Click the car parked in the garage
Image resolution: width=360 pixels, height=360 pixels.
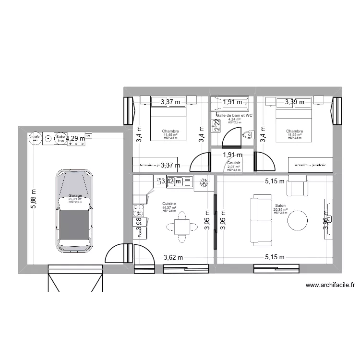tap(74, 211)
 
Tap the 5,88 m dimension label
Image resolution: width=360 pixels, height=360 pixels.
tap(33, 197)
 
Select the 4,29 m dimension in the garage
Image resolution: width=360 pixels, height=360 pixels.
tap(75, 139)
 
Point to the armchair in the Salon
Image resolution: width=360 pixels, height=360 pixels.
tap(297, 186)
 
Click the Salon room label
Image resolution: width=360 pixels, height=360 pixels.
tap(280, 205)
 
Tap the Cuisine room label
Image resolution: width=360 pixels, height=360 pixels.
tap(169, 204)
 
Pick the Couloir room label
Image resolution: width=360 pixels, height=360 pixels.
tap(234, 163)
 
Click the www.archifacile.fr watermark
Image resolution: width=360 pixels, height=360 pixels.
tap(330, 285)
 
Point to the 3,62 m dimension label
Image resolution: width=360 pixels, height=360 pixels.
tap(173, 257)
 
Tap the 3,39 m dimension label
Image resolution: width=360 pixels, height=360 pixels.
tap(294, 102)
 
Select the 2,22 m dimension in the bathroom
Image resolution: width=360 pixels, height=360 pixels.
tap(217, 125)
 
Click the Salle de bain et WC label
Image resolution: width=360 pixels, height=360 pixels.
tap(235, 116)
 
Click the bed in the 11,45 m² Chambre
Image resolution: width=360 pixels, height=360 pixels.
tap(168, 125)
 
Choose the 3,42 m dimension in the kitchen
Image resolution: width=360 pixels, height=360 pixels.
tap(171, 181)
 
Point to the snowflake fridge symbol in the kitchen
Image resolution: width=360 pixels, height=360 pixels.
tap(204, 181)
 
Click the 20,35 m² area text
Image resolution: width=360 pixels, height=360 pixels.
tap(280, 209)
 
